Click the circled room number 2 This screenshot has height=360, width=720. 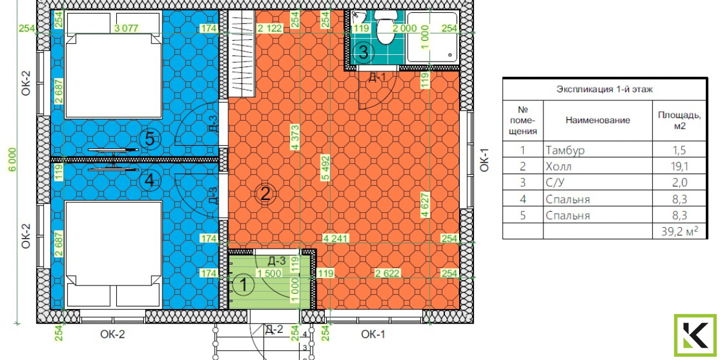(265, 194)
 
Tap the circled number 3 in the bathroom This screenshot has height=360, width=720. (363, 52)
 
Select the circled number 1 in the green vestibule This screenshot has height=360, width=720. (244, 285)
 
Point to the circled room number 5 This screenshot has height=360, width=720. (150, 138)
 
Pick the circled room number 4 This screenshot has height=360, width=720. (150, 181)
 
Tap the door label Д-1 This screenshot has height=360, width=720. (377, 77)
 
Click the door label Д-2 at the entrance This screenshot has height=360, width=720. (274, 329)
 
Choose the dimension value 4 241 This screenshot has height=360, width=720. (335, 238)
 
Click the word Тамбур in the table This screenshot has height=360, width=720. (566, 150)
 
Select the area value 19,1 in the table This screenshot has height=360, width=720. (678, 166)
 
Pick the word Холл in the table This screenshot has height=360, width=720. (560, 166)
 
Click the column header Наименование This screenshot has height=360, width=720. (598, 120)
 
